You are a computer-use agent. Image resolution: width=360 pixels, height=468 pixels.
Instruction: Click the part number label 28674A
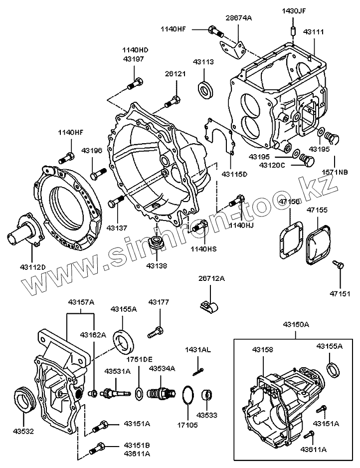[239, 18]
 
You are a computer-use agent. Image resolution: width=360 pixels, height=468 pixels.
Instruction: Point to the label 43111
[314, 31]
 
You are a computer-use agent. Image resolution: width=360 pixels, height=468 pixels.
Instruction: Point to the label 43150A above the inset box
[296, 325]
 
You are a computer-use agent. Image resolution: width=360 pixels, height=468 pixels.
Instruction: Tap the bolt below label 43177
[156, 330]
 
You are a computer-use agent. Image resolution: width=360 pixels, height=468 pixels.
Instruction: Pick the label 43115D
[234, 174]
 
